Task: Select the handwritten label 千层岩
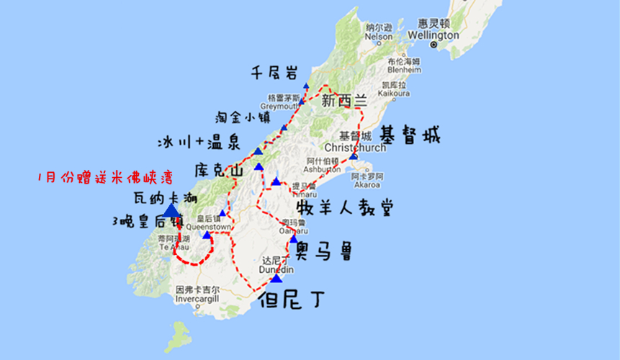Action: [275, 73]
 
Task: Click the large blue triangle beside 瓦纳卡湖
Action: [171, 210]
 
